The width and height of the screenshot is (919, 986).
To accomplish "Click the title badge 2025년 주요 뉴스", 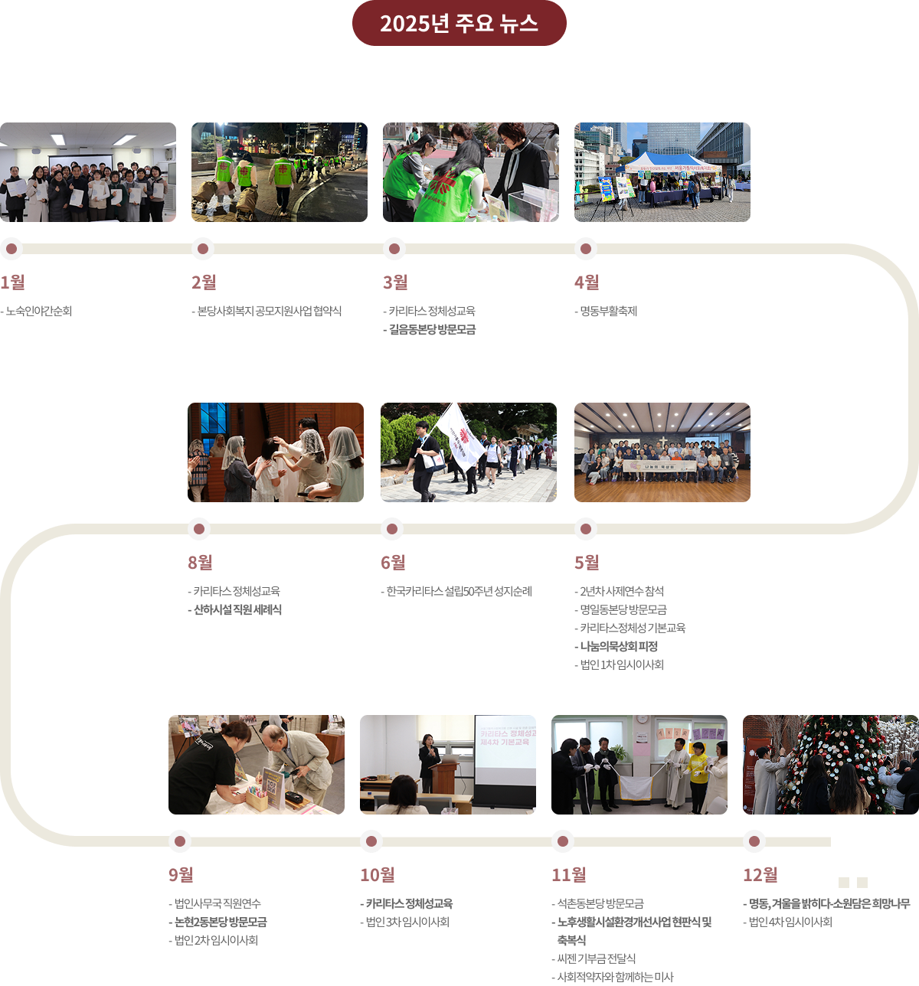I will [459, 23].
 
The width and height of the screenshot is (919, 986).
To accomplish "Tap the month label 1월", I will [12, 282].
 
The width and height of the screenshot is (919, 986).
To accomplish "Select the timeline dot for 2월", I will [202, 249].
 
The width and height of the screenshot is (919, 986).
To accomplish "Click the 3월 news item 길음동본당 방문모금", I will [432, 330].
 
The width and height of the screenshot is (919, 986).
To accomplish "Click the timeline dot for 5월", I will [585, 529].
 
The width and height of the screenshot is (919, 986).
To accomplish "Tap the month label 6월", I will [393, 562].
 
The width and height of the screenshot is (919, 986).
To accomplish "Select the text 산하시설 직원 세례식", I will [237, 610].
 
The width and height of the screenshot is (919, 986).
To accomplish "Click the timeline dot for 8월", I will [199, 529].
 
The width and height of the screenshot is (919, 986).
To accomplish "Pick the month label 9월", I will [181, 874].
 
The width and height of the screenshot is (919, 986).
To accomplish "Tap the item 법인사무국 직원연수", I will [217, 904].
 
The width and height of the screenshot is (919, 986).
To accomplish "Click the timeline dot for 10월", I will [371, 841].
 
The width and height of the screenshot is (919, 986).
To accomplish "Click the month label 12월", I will [760, 874].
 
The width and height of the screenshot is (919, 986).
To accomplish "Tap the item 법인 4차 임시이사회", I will [790, 922].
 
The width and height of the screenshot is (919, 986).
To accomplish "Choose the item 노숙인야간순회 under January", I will [38, 312].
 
